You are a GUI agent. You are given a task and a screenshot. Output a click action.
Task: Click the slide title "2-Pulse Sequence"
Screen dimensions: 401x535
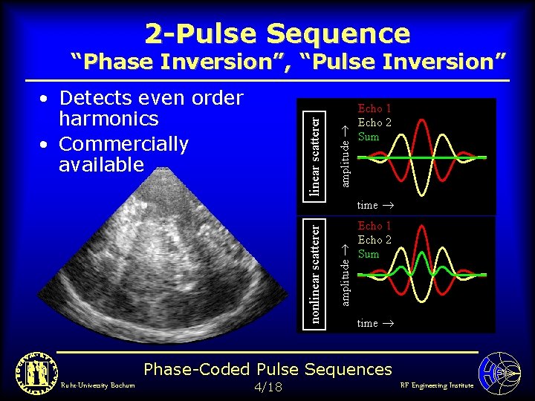coord(277,33)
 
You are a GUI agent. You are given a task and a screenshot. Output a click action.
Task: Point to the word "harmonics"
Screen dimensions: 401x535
coord(108,119)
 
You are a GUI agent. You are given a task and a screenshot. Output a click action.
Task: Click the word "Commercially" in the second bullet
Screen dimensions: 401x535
coord(123,143)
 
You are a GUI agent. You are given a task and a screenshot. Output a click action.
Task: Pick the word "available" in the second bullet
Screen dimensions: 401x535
coord(101,164)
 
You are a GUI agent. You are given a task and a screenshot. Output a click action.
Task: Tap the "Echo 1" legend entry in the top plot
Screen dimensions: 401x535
coord(374,108)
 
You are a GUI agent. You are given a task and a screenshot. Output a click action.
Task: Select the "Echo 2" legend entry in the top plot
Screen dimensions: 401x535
coord(374,123)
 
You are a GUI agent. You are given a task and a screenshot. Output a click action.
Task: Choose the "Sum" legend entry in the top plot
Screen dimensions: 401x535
coord(369,137)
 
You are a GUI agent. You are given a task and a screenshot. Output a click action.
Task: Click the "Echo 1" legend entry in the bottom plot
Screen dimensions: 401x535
coord(374,226)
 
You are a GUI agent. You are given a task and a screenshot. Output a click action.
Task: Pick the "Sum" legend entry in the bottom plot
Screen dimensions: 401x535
coord(369,254)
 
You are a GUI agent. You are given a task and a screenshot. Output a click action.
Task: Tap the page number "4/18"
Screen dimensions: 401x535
coord(267,387)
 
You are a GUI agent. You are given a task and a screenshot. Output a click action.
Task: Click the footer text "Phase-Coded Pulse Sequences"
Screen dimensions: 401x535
coord(267,369)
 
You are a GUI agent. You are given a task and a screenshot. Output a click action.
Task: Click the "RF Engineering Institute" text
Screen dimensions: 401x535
coord(436,385)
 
